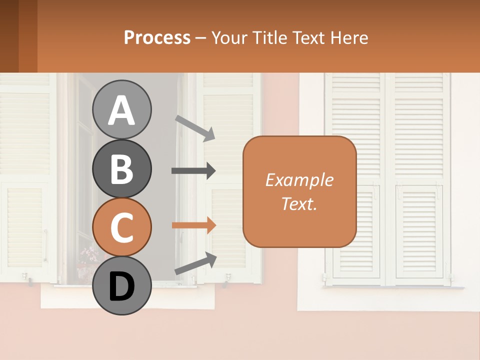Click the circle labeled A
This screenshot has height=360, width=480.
[121, 110]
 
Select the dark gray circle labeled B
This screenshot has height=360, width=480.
[121, 168]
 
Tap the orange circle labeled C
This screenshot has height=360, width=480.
[121, 227]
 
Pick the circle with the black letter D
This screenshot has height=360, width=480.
[121, 285]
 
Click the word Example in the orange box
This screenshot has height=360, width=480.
[299, 180]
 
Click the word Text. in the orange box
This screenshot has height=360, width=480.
[299, 203]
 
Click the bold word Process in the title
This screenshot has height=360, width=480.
[157, 37]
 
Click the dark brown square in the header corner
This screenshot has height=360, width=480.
[9, 36]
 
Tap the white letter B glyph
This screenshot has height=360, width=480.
[121, 168]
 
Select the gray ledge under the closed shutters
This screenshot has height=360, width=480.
[395, 287]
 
